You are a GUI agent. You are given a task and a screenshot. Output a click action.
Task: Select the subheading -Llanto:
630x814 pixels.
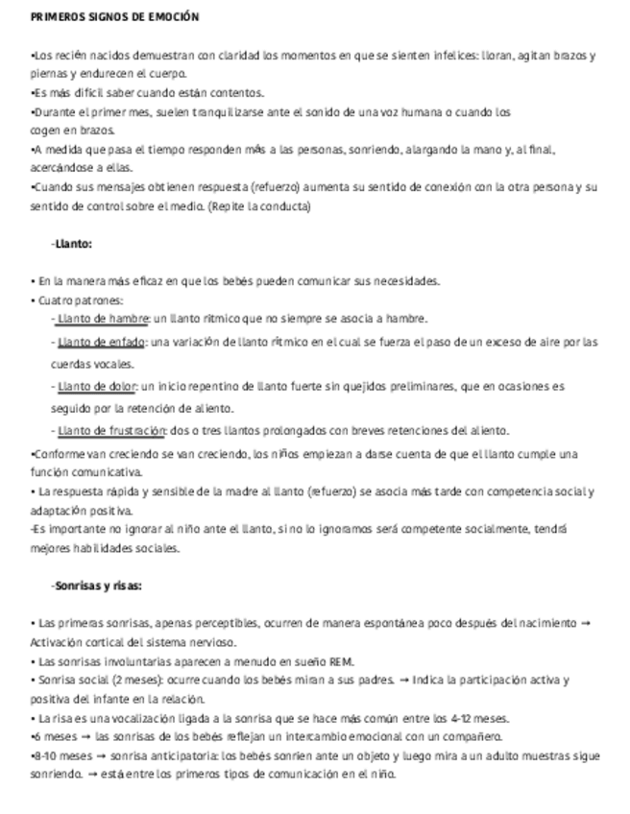(x=71, y=244)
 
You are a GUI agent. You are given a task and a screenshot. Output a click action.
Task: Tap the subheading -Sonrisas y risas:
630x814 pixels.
(x=96, y=586)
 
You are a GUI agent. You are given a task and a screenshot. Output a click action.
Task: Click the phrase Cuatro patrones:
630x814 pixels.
(x=69, y=299)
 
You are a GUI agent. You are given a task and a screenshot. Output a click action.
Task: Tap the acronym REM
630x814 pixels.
(x=341, y=661)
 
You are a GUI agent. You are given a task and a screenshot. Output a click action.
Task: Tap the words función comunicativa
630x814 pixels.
(x=85, y=471)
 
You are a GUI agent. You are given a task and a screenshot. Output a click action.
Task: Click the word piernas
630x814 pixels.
(x=48, y=74)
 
